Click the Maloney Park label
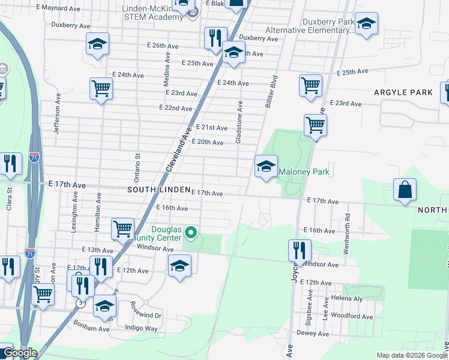pos(304,172)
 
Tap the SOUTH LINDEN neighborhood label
pos(158,189)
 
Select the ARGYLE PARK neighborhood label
pos(403,92)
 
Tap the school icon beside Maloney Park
pos(266,167)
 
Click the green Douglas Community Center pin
pos(191,232)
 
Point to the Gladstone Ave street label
pos(239,122)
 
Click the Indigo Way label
pos(140,328)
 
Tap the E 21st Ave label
pos(212,128)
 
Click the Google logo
pos(19,353)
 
